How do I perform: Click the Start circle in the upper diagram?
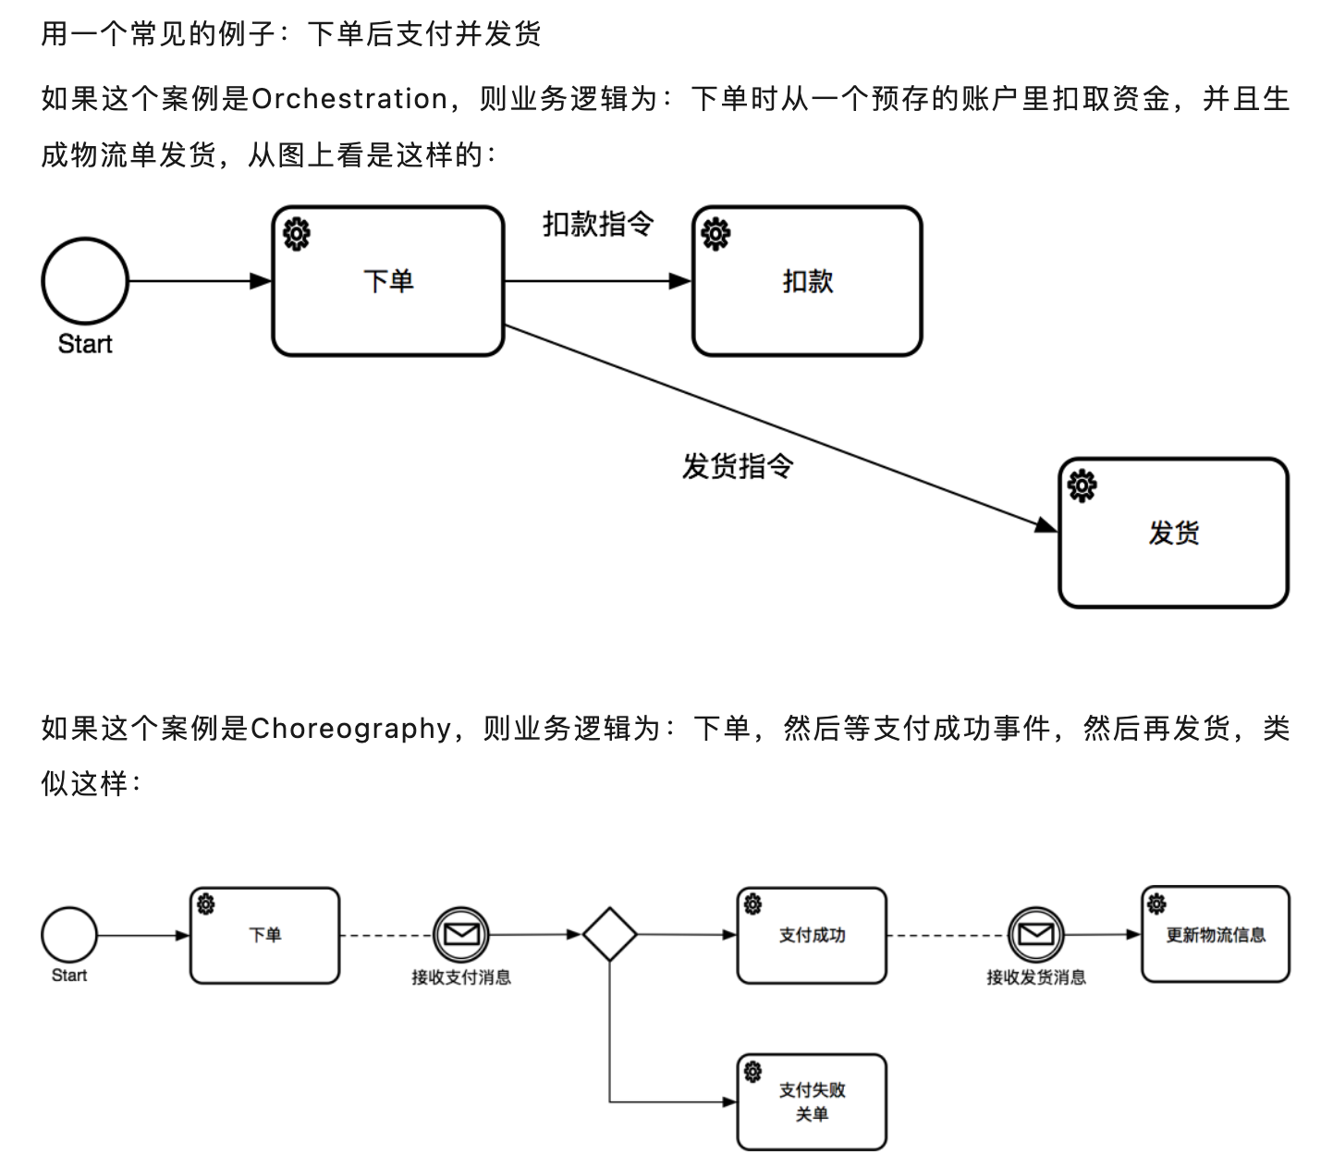coord(85,281)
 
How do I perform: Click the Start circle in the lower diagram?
coord(69,935)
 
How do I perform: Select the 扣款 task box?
coord(807,281)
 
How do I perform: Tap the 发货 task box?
coord(1173,533)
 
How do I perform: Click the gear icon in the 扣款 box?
coord(715,234)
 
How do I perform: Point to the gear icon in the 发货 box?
coord(1082,485)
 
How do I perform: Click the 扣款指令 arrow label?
coord(598,224)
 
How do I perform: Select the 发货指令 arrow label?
coord(738,466)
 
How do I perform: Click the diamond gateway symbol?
coord(610,935)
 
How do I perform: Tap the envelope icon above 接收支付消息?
coord(461,935)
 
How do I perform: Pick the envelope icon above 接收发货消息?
coord(1035,935)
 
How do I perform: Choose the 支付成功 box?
coord(812,936)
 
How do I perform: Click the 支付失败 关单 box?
coord(812,1102)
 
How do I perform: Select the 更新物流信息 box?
coord(1216,935)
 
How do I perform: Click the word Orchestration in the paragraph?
coord(349,99)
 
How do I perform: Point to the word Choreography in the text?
coord(350,729)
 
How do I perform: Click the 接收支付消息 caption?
coord(461,977)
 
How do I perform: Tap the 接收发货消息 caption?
coord(1035,977)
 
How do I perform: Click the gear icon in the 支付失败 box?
coord(752,1071)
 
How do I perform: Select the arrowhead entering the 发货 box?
coord(1047,525)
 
